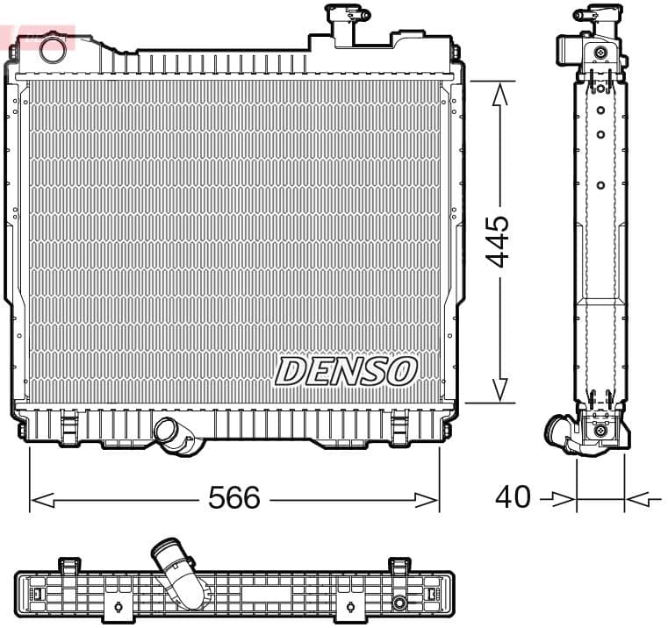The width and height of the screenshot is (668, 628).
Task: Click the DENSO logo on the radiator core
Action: pyautogui.click(x=345, y=371)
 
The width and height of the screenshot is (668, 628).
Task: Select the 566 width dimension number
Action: pyautogui.click(x=234, y=497)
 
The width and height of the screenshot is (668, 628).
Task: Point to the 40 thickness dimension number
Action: pyautogui.click(x=513, y=497)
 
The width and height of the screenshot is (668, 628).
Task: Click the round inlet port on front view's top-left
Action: pyautogui.click(x=53, y=47)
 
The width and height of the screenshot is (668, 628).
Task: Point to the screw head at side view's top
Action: pyautogui.click(x=600, y=53)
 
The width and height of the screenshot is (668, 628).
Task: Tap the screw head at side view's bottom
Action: pyautogui.click(x=600, y=431)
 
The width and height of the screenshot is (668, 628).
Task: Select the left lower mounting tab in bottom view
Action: pyautogui.click(x=117, y=608)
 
